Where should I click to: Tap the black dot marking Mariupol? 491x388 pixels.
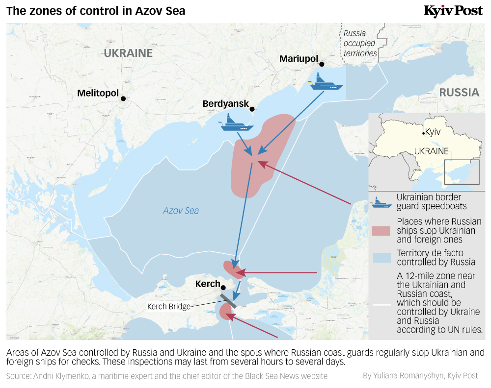[x=322, y=64]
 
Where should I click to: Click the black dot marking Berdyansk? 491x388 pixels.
[x=252, y=109]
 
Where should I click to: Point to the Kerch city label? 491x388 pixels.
[x=208, y=284]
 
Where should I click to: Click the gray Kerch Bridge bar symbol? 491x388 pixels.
[x=228, y=300]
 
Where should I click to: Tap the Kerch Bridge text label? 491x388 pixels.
[x=169, y=307]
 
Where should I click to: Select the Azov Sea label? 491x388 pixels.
[x=181, y=211]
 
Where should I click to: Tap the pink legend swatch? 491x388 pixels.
[x=382, y=231]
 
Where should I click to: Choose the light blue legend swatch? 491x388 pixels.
[x=382, y=258]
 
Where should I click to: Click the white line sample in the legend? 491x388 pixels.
[x=382, y=304]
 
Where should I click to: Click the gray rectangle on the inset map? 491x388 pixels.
[x=462, y=172]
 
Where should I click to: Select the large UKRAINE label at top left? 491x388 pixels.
[x=128, y=53]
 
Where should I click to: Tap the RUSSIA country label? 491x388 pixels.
[x=459, y=93]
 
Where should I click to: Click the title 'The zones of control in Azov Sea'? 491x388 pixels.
[x=96, y=11]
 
